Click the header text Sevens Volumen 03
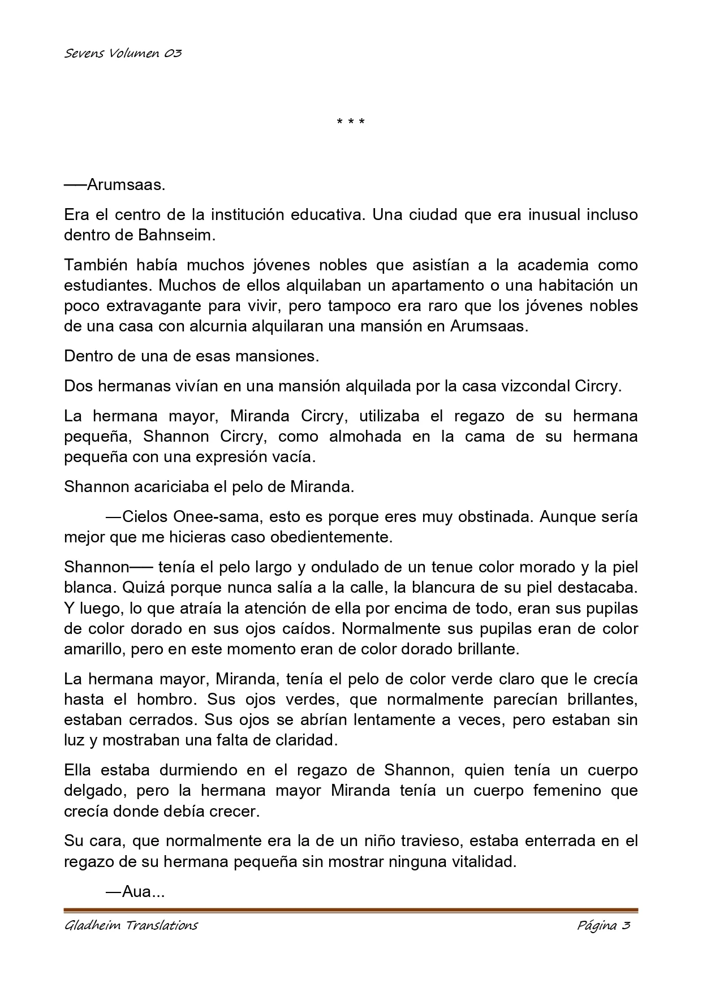[x=123, y=54]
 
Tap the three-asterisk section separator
[x=351, y=122]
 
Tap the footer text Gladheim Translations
[x=131, y=926]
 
